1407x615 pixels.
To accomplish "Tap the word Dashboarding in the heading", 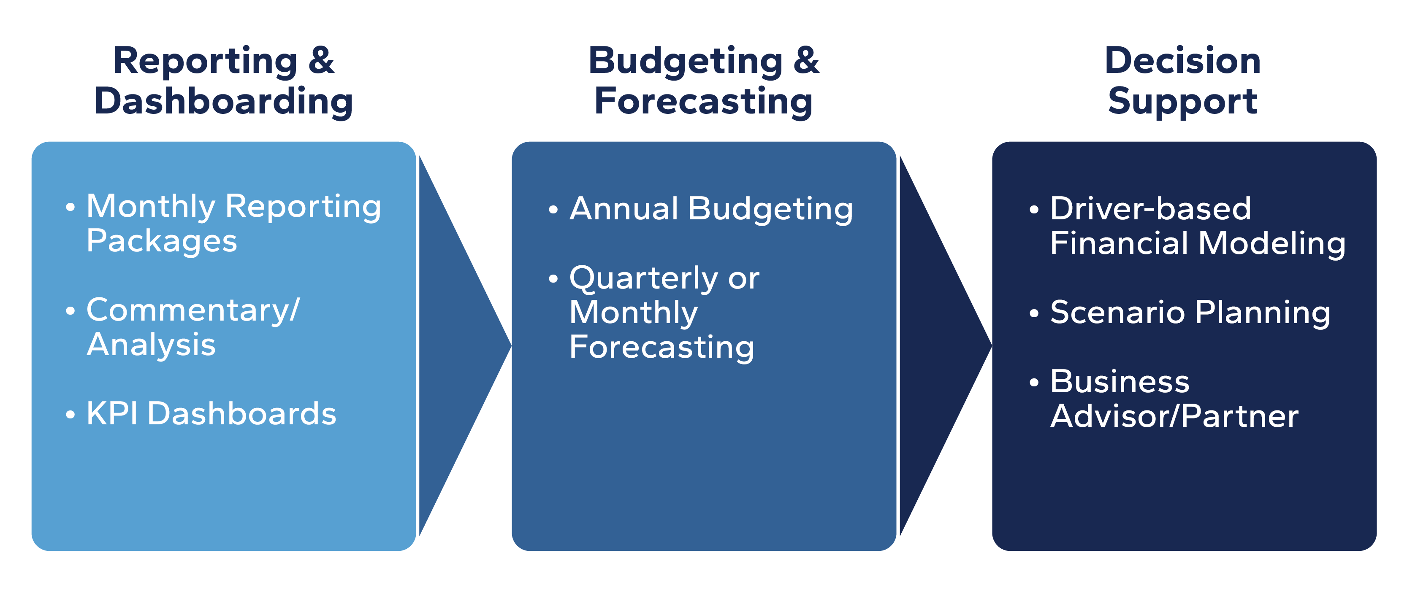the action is click(223, 102).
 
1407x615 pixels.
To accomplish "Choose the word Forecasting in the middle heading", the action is click(703, 102).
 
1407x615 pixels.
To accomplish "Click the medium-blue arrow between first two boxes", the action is click(464, 345).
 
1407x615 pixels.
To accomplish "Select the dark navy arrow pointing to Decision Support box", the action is click(945, 345).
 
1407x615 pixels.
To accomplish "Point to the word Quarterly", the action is click(643, 279).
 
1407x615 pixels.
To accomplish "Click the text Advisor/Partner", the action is click(1174, 416).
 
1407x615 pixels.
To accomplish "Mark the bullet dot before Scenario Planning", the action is click(1033, 314).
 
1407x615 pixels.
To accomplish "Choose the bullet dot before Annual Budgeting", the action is click(553, 210).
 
